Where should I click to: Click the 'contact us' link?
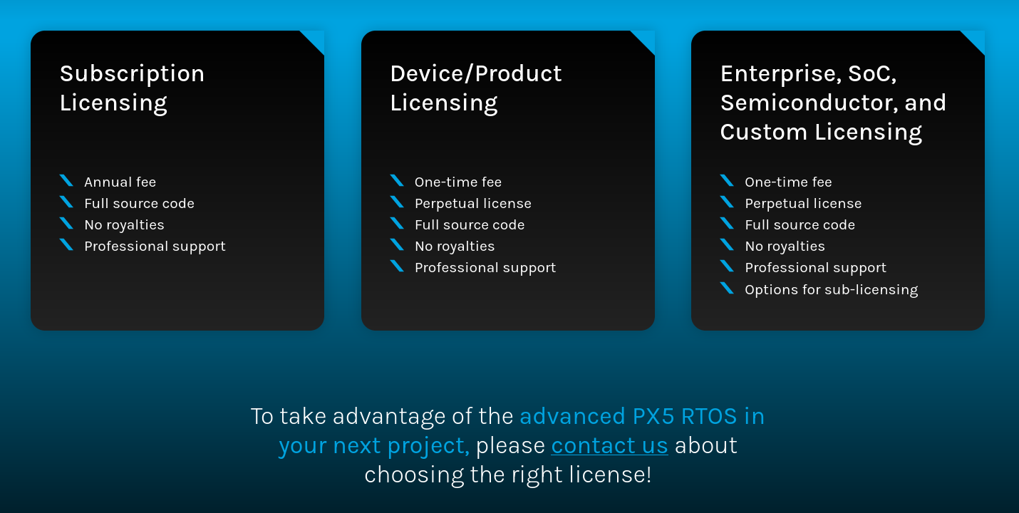[x=609, y=446]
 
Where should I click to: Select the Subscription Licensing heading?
[x=132, y=88]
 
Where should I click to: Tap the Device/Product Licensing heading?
[x=476, y=88]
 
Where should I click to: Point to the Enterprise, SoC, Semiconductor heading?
[x=833, y=103]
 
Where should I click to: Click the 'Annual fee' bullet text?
[x=120, y=182]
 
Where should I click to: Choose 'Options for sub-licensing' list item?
[x=831, y=290]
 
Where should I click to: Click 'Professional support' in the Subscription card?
[x=155, y=247]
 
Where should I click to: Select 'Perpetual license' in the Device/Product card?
[x=472, y=203]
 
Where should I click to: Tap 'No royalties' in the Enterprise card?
[x=785, y=247]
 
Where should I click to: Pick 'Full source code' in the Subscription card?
[x=139, y=203]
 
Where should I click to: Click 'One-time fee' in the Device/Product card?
[x=457, y=182]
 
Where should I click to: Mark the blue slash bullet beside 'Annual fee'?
[x=66, y=180]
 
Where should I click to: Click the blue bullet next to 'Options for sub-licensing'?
[x=727, y=289]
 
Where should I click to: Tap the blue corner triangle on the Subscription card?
[x=316, y=40]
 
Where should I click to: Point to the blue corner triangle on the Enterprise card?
[x=976, y=40]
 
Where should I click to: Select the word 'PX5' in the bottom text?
[x=653, y=417]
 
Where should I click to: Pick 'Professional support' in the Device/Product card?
[x=485, y=268]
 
